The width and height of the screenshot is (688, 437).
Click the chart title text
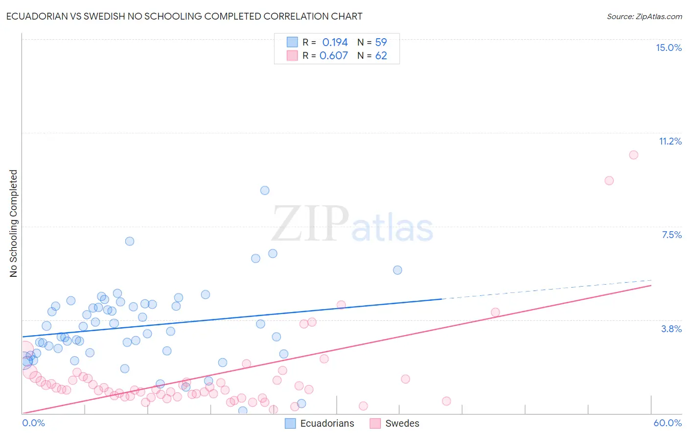point(184,16)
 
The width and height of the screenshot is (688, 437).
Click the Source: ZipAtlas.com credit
point(644,16)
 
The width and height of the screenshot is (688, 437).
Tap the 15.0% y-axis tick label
point(668,48)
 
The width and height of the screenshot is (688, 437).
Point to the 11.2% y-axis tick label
point(670,141)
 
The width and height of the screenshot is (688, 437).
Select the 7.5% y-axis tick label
point(671,235)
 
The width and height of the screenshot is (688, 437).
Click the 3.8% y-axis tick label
point(671,329)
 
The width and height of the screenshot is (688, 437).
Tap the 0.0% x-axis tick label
point(33,423)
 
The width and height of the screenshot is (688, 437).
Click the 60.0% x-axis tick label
point(667,423)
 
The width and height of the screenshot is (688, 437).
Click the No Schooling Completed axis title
point(14,223)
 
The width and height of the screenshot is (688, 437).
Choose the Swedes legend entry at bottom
point(395,423)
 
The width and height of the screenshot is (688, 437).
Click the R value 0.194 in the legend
point(335,43)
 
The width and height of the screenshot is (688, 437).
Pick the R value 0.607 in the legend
point(334,56)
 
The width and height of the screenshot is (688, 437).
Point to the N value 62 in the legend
point(381,56)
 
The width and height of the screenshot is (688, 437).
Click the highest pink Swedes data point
point(633,155)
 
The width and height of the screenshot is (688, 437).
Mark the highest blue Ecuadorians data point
point(265,191)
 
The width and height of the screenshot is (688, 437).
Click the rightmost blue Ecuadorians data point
point(397,270)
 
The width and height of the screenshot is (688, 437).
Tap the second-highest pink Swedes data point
point(609,181)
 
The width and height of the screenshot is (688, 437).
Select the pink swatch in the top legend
point(292,55)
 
